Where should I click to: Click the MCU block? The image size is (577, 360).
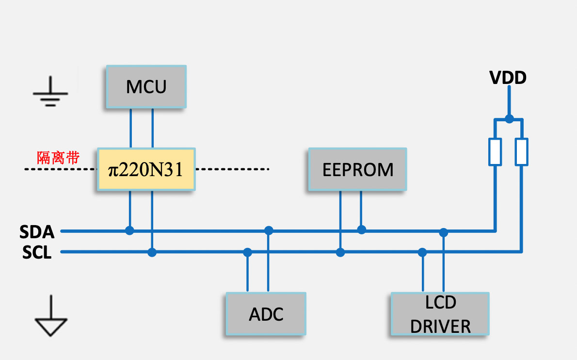146,87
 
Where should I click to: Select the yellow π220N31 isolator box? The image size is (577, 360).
146,169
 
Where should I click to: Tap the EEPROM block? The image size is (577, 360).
357,169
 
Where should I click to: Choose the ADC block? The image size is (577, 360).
266,313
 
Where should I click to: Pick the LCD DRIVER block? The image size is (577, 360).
440,314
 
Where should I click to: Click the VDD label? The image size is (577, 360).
508,78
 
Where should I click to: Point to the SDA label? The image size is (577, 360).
37,232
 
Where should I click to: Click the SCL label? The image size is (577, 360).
37,252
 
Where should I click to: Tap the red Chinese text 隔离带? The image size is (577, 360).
58,158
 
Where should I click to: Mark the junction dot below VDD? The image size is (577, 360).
509,118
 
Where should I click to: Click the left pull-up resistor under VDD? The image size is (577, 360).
495,152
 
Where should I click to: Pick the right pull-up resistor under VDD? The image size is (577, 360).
522,152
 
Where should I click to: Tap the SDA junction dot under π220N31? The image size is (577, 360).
129,230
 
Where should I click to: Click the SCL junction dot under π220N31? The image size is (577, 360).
152,252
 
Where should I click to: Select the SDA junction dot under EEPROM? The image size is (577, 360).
361,229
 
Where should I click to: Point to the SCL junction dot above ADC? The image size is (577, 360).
248,252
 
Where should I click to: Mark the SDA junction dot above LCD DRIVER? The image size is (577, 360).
443,232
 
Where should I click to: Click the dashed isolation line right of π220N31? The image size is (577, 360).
232,169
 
